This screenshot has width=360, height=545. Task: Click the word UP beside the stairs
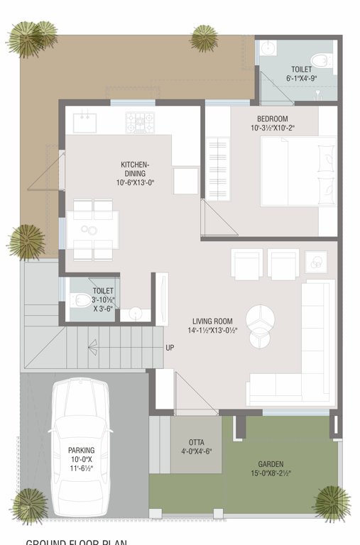tap(170, 348)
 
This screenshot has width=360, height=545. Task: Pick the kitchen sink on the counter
tap(84, 121)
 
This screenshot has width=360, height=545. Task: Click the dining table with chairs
tap(92, 229)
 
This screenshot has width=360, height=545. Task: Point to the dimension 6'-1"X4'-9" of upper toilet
tap(301, 79)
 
